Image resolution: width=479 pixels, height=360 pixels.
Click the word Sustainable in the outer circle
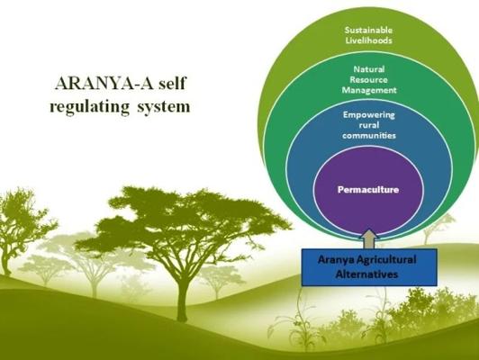click(368, 30)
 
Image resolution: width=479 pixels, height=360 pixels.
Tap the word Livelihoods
click(368, 40)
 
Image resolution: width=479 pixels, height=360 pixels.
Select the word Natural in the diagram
click(369, 69)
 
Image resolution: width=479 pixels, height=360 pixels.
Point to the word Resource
click(369, 80)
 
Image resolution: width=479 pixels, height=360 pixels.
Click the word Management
click(369, 90)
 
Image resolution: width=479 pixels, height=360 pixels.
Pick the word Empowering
click(369, 115)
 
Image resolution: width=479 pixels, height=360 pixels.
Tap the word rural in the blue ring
click(369, 125)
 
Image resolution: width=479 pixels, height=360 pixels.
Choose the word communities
click(369, 135)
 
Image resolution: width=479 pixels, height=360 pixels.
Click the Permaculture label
click(368, 190)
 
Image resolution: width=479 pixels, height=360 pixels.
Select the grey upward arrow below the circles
click(369, 239)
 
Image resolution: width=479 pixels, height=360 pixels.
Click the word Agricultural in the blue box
click(387, 260)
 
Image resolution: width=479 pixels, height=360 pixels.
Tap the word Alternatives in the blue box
click(366, 274)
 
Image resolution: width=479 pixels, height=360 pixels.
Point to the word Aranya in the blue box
click(337, 260)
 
